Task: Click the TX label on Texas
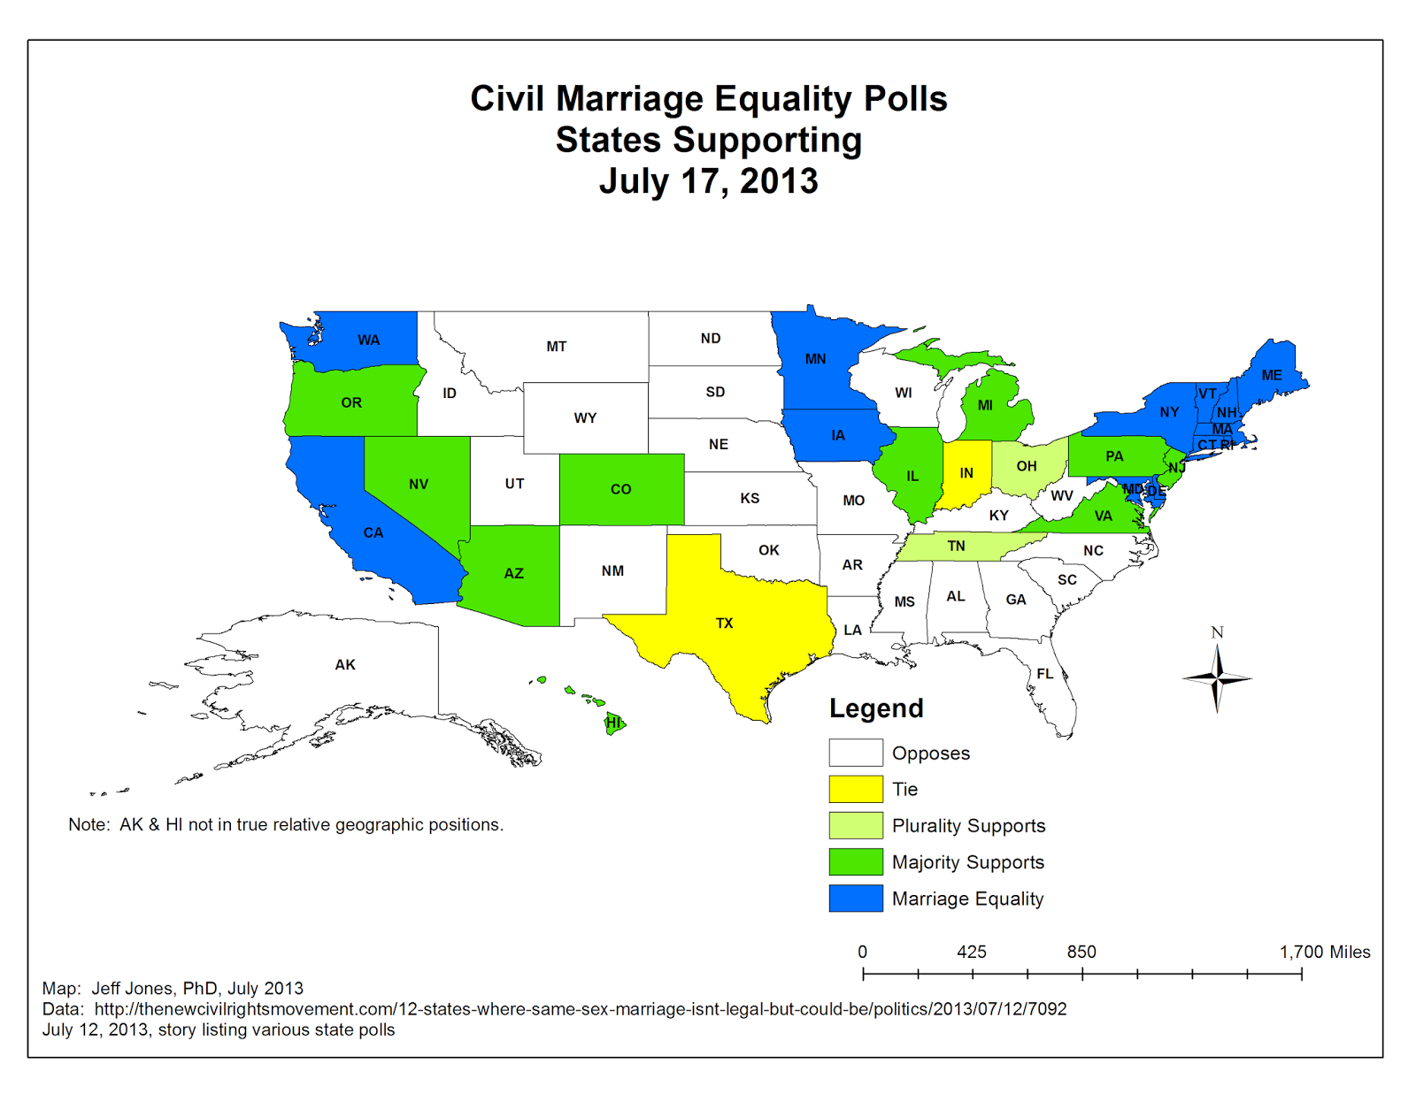pyautogui.click(x=724, y=624)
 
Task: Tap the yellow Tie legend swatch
pyautogui.click(x=855, y=789)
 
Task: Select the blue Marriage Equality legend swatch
pyautogui.click(x=855, y=898)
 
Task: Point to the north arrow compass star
pyautogui.click(x=1217, y=678)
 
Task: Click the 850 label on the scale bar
pyautogui.click(x=1081, y=952)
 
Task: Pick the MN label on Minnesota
pyautogui.click(x=815, y=359)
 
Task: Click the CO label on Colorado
pyautogui.click(x=620, y=489)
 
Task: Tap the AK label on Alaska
pyautogui.click(x=345, y=665)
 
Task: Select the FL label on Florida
pyautogui.click(x=1045, y=674)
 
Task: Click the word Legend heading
pyautogui.click(x=876, y=708)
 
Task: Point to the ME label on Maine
pyautogui.click(x=1272, y=375)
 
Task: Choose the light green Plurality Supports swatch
pyautogui.click(x=855, y=825)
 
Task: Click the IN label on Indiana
pyautogui.click(x=966, y=473)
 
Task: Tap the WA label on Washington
pyautogui.click(x=368, y=340)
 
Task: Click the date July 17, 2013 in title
pyautogui.click(x=708, y=181)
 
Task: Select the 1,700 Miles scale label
pyautogui.click(x=1324, y=952)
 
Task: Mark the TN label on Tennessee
pyautogui.click(x=956, y=547)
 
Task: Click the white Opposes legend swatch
pyautogui.click(x=855, y=753)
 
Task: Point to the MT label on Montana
pyautogui.click(x=556, y=347)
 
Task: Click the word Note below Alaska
pyautogui.click(x=88, y=824)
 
